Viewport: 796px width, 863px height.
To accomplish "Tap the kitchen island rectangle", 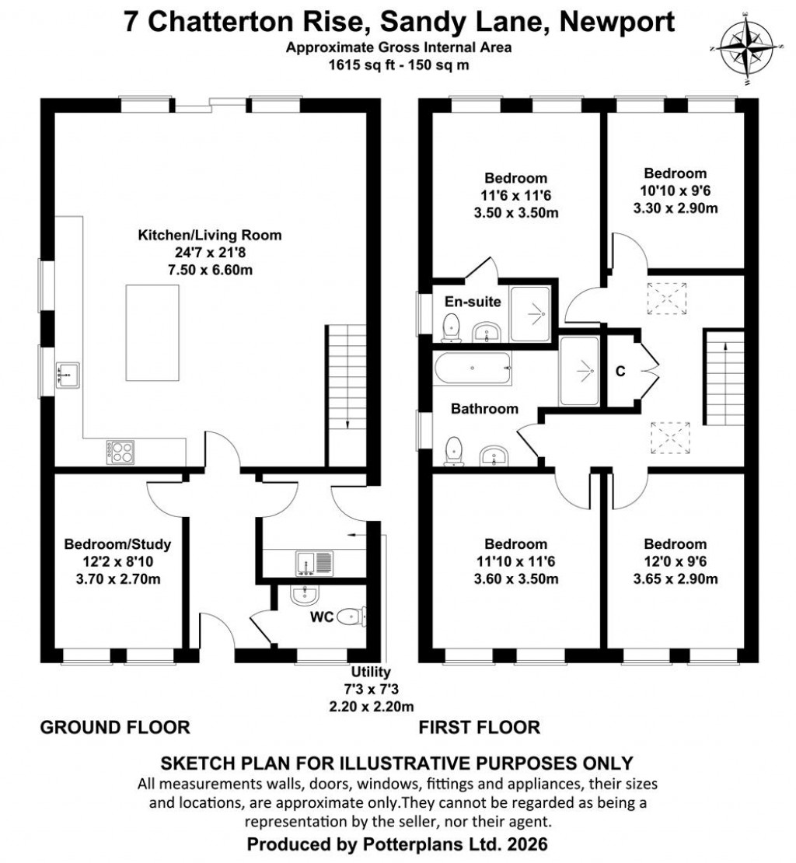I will [x=153, y=332].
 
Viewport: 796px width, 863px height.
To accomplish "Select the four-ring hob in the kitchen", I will [x=120, y=452].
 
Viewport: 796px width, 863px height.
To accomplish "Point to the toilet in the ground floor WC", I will [x=354, y=618].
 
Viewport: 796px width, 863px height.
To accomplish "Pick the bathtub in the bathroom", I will [x=473, y=369].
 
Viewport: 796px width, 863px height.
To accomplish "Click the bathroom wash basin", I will [x=491, y=456].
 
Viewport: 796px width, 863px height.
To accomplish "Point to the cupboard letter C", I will [x=620, y=372].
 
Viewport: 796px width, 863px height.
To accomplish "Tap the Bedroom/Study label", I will [x=117, y=543].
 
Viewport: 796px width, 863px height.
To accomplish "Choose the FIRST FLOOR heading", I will [x=479, y=728].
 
